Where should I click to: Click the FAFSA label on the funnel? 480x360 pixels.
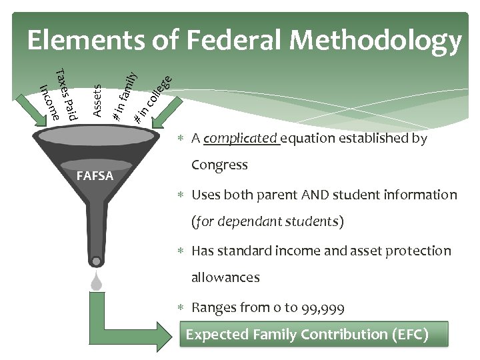(x=95, y=177)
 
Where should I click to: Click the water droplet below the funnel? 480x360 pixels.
(x=97, y=283)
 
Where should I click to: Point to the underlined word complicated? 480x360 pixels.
(x=241, y=139)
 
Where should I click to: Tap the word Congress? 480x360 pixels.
(x=219, y=165)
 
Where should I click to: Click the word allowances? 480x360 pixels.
(x=225, y=277)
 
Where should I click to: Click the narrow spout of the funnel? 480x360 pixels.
(x=97, y=240)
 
